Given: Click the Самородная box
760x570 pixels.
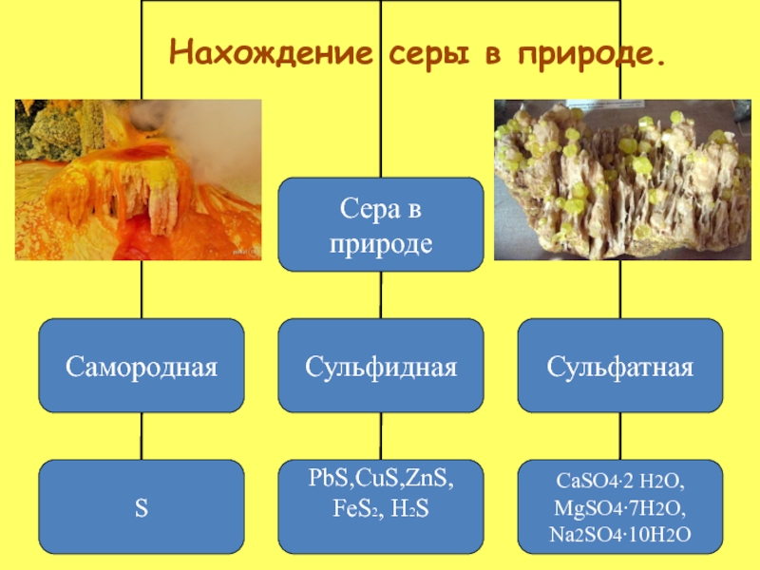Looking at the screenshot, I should tap(142, 365).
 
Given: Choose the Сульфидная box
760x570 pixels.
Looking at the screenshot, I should tap(380, 365).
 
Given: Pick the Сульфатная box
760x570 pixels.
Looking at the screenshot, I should tap(619, 365).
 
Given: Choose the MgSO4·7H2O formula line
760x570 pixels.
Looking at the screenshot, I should tap(619, 508).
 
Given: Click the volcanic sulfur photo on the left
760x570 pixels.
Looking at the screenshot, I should tap(139, 180).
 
